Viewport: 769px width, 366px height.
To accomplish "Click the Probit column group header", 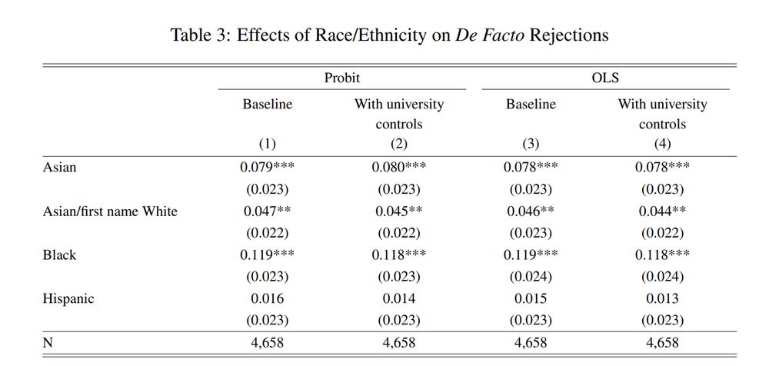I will pos(341,78).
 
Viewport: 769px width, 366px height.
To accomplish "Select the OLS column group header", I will pos(604,78).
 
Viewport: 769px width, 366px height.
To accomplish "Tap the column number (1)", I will pos(267,144).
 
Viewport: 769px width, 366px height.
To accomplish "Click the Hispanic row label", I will pos(68,299).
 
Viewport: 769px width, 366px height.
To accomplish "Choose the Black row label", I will pos(59,255).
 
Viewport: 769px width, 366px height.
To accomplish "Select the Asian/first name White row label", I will pos(110,211).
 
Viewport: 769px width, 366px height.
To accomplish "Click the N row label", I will pos(48,343).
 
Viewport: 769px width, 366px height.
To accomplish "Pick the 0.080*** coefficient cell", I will pos(398,167).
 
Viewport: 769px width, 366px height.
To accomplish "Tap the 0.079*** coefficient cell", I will pos(267,167).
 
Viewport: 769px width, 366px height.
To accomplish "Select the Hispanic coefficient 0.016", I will pos(267,299).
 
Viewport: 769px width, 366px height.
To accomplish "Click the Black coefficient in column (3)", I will pos(531,255).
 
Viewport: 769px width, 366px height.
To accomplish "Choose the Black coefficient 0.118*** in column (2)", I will pos(398,255).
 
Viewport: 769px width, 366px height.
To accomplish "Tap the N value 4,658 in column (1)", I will pos(267,343).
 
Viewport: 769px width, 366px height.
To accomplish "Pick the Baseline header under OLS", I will pos(531,104).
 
